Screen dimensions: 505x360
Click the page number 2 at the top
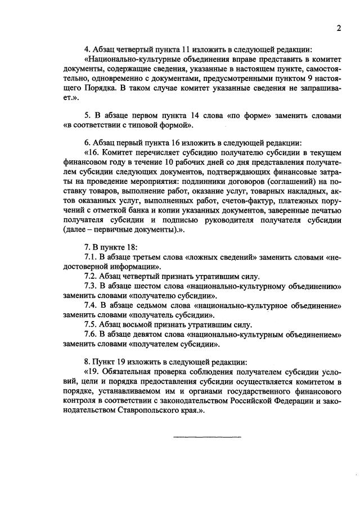click(339, 29)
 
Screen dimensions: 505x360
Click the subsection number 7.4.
click(91, 305)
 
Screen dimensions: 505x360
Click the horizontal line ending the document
click(206, 436)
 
